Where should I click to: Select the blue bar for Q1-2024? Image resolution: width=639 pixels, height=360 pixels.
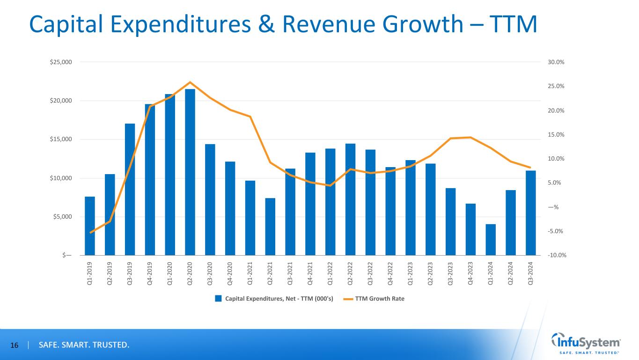pos(491,240)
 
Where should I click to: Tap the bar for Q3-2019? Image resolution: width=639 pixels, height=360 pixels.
pos(130,189)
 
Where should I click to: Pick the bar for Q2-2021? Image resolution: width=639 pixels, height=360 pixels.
pos(270,227)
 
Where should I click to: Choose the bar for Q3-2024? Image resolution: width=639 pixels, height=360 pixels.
pos(530,213)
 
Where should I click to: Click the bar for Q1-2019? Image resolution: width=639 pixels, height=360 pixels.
pos(90,226)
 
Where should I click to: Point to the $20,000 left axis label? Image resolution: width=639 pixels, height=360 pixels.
pos(61,101)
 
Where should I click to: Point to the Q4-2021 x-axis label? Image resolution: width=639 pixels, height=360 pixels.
pos(310,273)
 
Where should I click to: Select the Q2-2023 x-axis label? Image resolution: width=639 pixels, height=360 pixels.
pos(431,273)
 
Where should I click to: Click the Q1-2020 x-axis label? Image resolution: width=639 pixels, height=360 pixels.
pos(170,273)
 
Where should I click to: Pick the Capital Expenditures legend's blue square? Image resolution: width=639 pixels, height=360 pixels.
pos(218,299)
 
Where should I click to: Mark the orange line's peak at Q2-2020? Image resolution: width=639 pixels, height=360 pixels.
pos(190,82)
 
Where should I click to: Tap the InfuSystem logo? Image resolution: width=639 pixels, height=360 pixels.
pos(587,344)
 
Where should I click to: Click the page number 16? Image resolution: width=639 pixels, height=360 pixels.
pos(15,345)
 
